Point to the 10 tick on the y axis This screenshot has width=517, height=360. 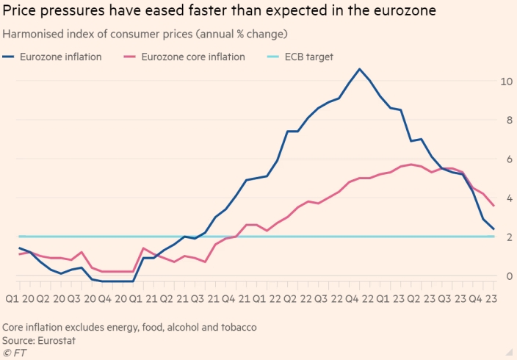pos(506,81)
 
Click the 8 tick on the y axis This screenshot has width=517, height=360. pos(506,120)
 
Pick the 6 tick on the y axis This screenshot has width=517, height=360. pos(506,159)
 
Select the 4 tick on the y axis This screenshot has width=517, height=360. pos(506,198)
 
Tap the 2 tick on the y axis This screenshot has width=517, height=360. pos(506,237)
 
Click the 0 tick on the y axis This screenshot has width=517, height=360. pos(506,276)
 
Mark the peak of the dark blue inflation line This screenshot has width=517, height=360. pos(359,69)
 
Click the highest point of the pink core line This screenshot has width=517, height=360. pos(411,164)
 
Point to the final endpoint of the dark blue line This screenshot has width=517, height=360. pos(493,229)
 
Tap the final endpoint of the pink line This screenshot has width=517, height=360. pos(493,206)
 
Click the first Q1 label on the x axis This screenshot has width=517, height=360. pos(12,299)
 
